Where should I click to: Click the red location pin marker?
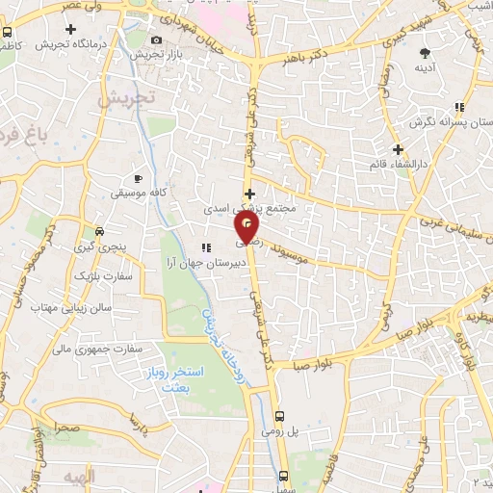pos(247,226)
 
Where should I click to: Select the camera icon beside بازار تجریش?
pos(157,39)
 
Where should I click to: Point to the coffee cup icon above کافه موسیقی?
pos(139,179)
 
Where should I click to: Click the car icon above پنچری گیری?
pos(99,232)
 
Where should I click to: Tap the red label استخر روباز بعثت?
pos(201,378)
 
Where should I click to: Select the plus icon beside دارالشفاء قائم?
pos(398,149)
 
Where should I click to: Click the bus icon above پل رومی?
pos(280,417)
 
